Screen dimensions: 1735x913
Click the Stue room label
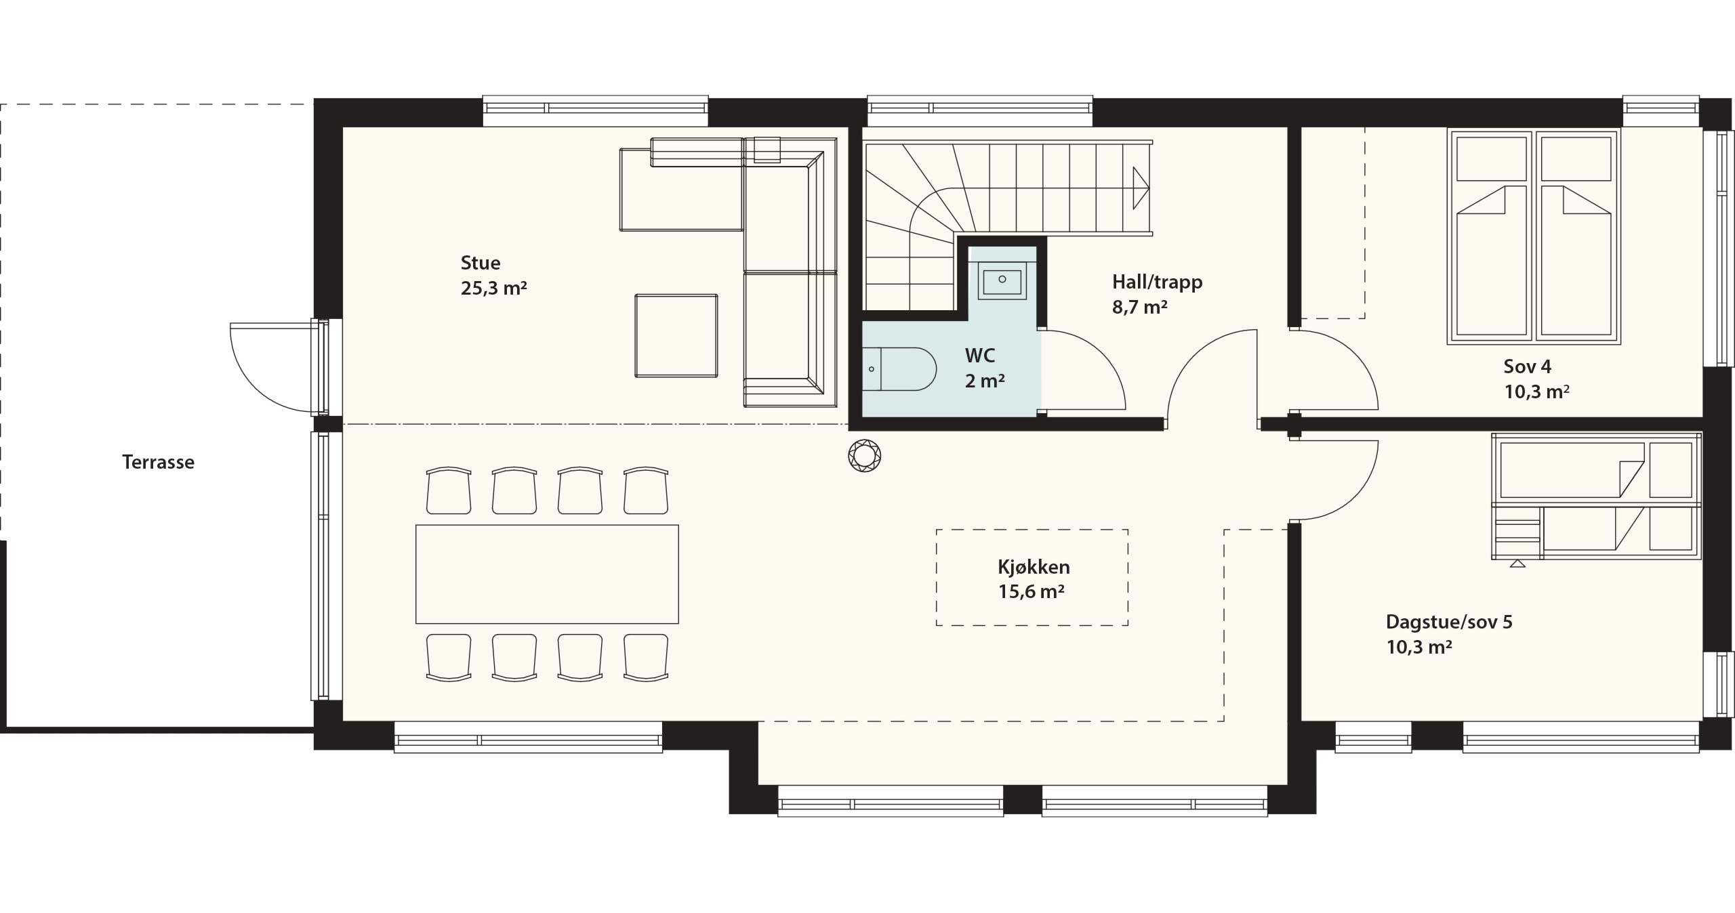pos(481,263)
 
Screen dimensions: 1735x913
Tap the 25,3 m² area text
pos(494,289)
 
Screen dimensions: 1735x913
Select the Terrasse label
pos(158,462)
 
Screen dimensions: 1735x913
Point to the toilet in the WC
pos(899,369)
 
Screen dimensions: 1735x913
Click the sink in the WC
pos(1002,280)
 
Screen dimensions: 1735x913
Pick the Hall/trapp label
pos(1158,282)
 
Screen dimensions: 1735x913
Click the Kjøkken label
pos(1034,567)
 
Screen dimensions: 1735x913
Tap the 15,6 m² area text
pos(1032,592)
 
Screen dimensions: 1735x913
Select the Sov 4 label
pos(1528,366)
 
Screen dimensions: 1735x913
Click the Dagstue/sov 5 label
pos(1449,622)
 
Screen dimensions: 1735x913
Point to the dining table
pos(547,574)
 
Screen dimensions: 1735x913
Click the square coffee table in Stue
pos(676,335)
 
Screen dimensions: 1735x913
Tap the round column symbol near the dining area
pos(865,456)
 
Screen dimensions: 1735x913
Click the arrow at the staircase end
pos(1141,188)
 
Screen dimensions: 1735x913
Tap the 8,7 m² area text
pos(1140,307)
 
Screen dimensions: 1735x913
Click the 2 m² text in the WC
pos(985,381)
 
